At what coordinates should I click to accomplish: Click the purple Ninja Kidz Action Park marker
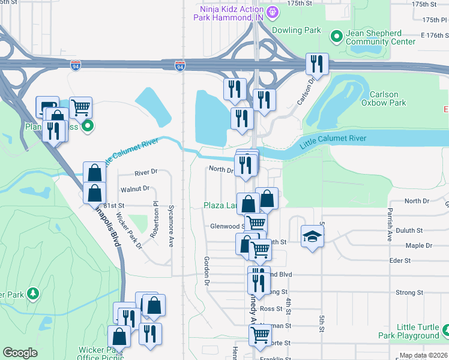272,11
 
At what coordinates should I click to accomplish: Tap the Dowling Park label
297,29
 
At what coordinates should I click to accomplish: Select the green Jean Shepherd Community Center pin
336,37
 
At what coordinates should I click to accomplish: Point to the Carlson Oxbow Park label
384,98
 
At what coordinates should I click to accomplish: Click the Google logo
20,353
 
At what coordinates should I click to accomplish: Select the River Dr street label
146,172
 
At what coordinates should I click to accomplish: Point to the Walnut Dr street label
134,188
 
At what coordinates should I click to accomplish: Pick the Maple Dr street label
419,245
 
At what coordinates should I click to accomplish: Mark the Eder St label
399,260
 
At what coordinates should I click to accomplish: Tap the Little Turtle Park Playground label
409,331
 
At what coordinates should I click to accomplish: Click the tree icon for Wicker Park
35,293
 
